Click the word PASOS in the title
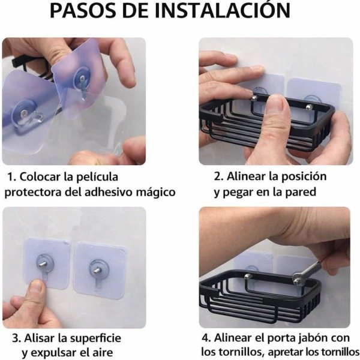[83, 11]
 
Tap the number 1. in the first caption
[11, 177]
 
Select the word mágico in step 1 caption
[155, 192]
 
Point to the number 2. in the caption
[220, 176]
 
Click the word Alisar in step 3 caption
[50, 338]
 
